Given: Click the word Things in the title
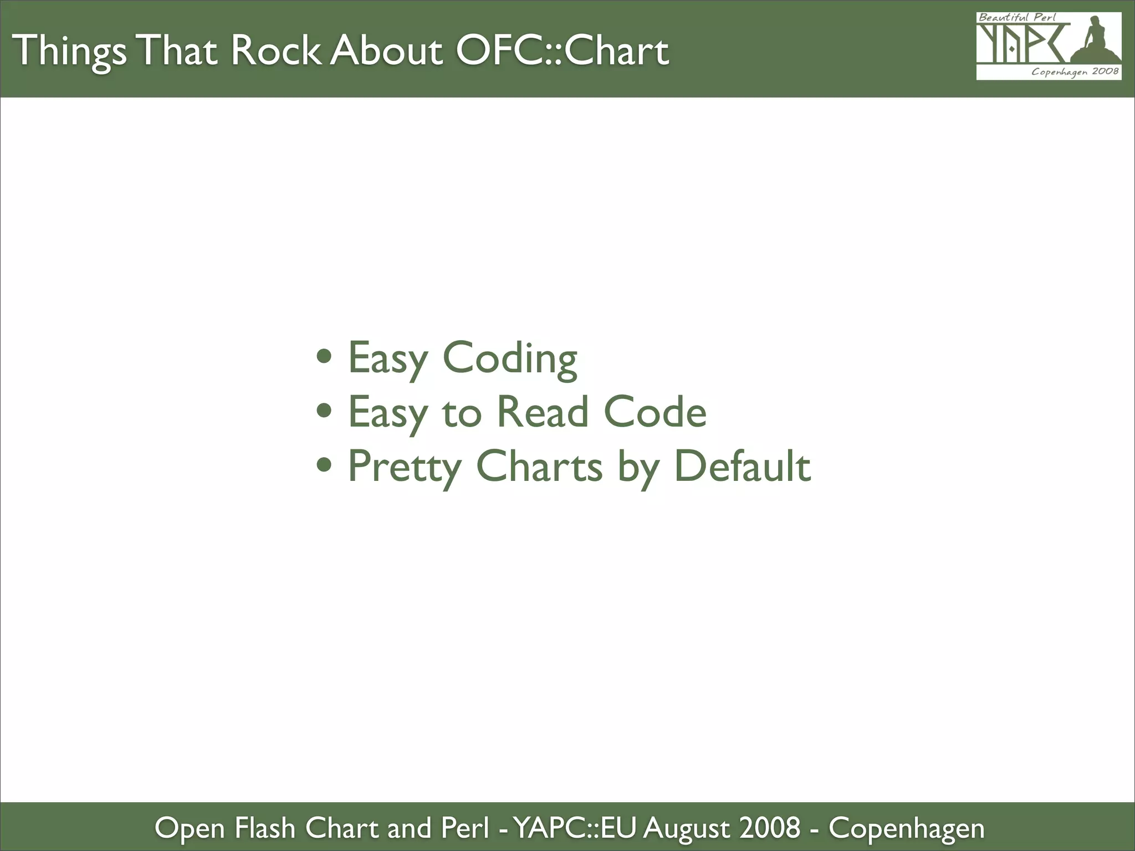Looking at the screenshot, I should [x=69, y=52].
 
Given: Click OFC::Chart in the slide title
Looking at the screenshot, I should [x=562, y=50].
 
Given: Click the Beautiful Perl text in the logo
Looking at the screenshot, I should [x=1017, y=18].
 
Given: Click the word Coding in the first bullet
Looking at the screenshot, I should [x=509, y=358].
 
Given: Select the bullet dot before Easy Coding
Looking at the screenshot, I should [x=324, y=356].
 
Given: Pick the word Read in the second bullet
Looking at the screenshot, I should [x=541, y=412].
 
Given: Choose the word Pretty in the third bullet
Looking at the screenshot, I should [x=404, y=467].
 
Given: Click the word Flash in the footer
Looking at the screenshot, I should [x=264, y=828].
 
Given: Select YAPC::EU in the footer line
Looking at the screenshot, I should [x=576, y=828].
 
